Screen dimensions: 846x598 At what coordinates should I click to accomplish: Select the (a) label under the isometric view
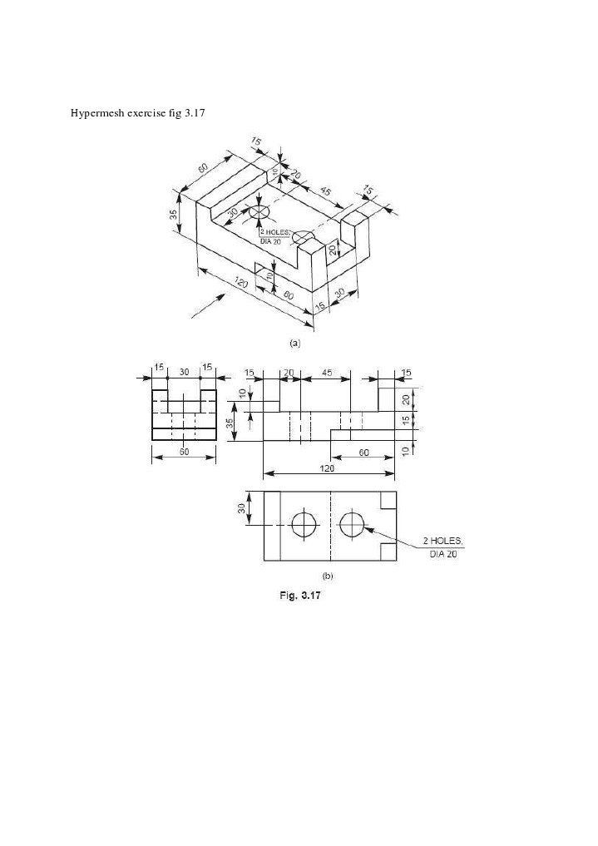[294, 341]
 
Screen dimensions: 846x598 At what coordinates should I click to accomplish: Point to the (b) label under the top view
[328, 574]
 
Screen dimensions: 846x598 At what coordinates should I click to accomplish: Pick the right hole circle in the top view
[353, 524]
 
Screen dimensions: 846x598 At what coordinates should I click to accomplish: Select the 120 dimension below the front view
[329, 468]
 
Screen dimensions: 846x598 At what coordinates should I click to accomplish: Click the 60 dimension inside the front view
[363, 451]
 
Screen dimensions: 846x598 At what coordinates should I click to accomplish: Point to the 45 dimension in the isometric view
[325, 192]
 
